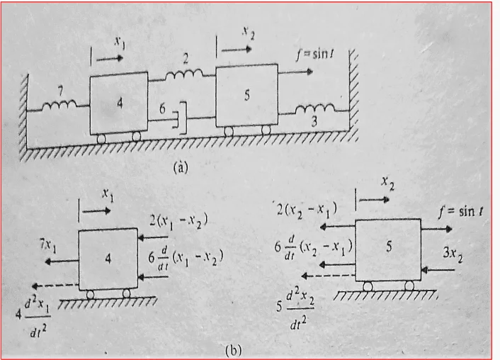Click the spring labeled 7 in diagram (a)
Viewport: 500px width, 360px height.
click(59, 104)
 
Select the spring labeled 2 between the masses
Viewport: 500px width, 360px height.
click(184, 74)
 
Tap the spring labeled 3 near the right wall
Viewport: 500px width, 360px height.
click(315, 109)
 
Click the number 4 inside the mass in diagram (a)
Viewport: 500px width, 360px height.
click(120, 103)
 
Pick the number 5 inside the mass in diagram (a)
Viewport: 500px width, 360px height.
click(246, 95)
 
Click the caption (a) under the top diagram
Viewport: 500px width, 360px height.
click(181, 167)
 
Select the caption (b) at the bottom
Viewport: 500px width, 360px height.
click(233, 350)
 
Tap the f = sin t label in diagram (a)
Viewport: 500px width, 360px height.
click(314, 55)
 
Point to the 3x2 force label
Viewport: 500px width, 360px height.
click(453, 254)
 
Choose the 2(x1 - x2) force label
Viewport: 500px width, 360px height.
click(178, 220)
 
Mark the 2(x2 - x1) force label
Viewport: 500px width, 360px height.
click(307, 210)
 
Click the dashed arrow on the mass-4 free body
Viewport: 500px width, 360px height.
click(55, 285)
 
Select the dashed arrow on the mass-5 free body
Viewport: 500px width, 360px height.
click(329, 276)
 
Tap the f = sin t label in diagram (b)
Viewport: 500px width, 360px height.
click(460, 211)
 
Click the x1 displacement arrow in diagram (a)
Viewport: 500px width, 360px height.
click(109, 58)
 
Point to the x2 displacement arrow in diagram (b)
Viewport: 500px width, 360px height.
click(375, 200)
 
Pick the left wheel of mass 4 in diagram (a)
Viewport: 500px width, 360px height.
click(101, 138)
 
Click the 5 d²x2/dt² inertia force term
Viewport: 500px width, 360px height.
click(295, 308)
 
